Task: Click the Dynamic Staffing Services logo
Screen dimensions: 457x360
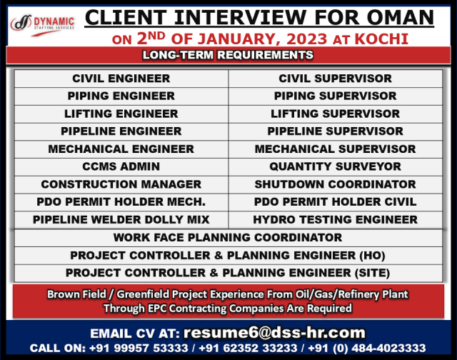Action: click(43, 25)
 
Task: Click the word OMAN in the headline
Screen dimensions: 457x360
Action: click(401, 17)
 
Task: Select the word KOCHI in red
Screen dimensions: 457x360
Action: click(381, 39)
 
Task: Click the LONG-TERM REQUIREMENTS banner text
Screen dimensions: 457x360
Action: click(228, 55)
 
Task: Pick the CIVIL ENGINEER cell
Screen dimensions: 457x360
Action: click(121, 79)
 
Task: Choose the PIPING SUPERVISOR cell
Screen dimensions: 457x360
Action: click(336, 96)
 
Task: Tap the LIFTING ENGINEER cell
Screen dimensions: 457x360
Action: click(121, 114)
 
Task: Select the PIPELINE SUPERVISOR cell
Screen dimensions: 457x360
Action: click(336, 131)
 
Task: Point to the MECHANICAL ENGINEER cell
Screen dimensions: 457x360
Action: click(121, 149)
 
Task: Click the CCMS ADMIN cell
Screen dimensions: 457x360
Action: click(121, 166)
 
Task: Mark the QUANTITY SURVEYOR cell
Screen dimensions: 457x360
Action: click(336, 166)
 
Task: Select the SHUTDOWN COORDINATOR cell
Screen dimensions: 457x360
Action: click(336, 184)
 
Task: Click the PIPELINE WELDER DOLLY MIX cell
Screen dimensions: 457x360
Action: click(121, 219)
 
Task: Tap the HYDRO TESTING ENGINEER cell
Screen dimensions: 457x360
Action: click(336, 219)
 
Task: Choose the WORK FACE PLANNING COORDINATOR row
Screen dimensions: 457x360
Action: click(228, 238)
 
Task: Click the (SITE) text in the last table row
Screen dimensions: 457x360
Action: click(372, 273)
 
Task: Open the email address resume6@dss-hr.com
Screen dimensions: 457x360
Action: click(274, 333)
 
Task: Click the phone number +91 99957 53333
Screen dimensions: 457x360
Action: click(139, 348)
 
